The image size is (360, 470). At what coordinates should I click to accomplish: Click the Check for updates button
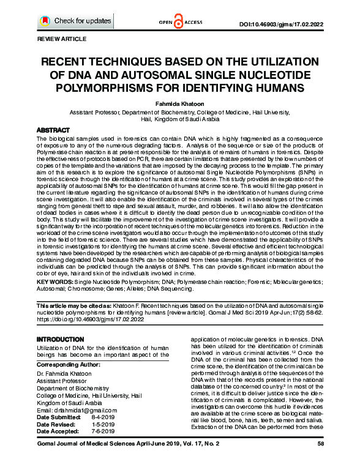point(76,21)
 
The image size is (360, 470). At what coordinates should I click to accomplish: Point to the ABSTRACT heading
point(53,131)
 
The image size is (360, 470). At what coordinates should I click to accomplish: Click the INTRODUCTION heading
point(61,339)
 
